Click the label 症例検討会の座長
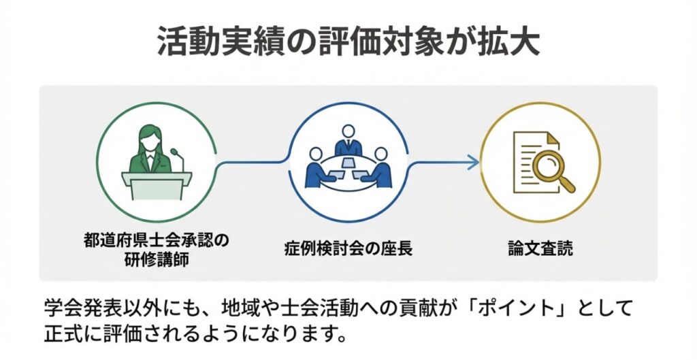tap(348, 248)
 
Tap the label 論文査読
tap(540, 248)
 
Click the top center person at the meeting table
tap(348, 139)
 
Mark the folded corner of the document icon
tap(552, 138)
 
